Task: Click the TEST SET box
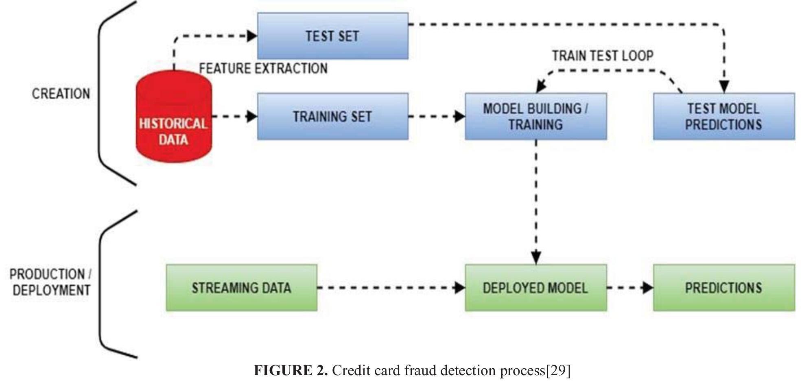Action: click(332, 36)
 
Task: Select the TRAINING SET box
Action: click(332, 117)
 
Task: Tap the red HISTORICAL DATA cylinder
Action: click(174, 122)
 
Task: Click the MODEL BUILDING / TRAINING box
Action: click(535, 117)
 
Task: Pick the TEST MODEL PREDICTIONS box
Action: click(723, 117)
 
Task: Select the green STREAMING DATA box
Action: click(241, 288)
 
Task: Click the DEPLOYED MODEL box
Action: click(535, 288)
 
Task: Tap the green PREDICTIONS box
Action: click(723, 288)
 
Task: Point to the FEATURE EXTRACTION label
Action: click(263, 68)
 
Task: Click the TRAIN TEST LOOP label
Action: click(602, 56)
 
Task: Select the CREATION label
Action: click(61, 94)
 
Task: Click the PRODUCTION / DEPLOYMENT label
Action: click(51, 282)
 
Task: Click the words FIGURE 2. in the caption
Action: click(291, 370)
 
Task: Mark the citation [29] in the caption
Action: click(558, 370)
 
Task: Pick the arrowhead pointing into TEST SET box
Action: click(252, 36)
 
